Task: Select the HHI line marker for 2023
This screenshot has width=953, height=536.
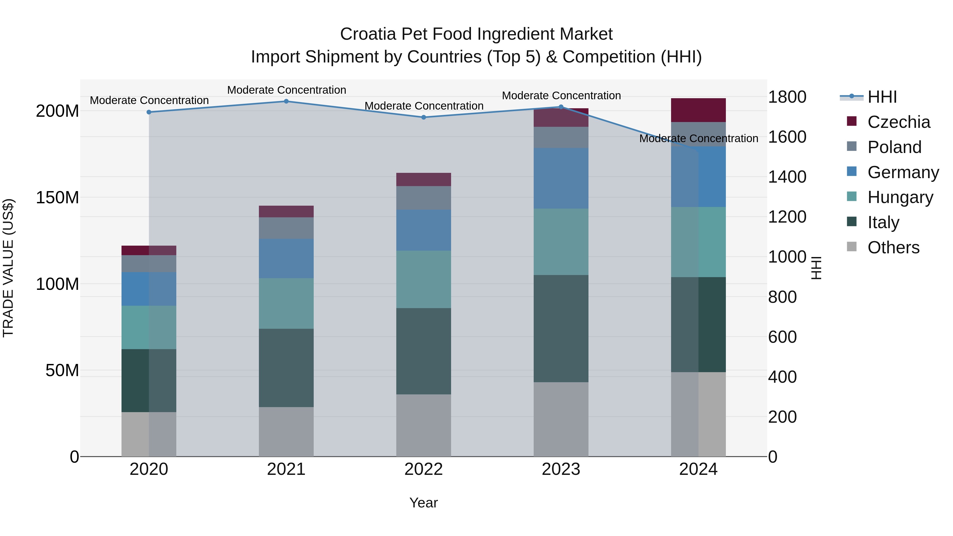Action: (561, 107)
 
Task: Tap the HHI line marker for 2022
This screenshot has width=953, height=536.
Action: (424, 117)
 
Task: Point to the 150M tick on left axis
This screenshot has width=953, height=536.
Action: (57, 197)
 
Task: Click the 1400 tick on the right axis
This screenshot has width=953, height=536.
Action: (787, 177)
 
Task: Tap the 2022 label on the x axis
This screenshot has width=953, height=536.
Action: (424, 469)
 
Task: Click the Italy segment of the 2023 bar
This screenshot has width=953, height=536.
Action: (561, 328)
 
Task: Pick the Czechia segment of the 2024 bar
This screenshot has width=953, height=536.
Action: (699, 110)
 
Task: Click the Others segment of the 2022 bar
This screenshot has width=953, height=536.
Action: (424, 425)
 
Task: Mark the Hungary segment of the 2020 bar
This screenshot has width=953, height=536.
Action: (149, 327)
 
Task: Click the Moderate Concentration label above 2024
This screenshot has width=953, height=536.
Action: (699, 138)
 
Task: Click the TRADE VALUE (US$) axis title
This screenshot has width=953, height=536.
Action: (8, 268)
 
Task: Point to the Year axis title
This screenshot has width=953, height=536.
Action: (424, 503)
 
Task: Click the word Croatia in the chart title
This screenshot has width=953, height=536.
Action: (368, 34)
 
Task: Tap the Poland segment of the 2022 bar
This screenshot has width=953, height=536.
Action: (424, 198)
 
